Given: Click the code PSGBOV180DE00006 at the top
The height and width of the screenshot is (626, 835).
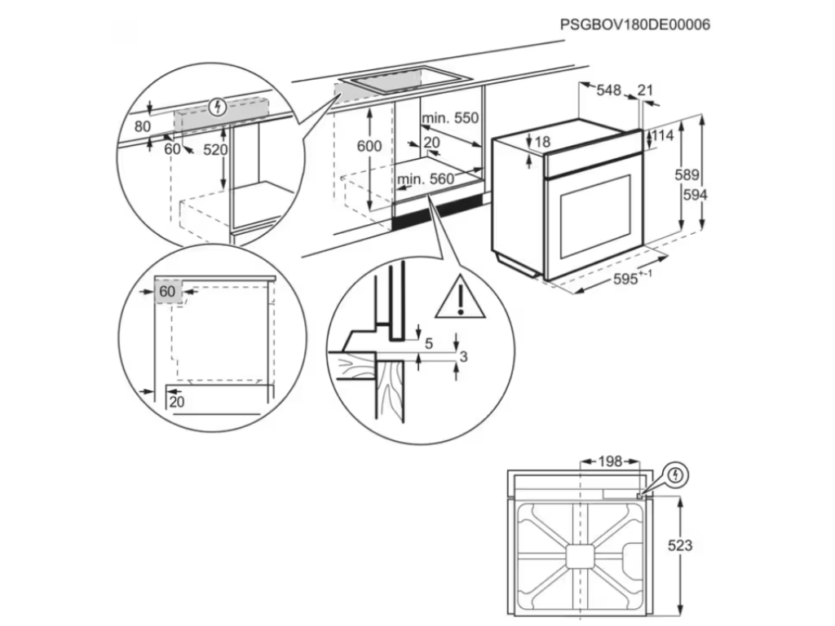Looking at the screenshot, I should pos(635,24).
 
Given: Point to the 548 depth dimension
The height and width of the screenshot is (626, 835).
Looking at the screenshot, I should pos(608,90).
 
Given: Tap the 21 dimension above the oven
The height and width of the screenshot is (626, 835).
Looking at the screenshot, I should pos(647,90).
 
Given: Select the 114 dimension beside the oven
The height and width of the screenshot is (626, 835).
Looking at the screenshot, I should pos(663,136).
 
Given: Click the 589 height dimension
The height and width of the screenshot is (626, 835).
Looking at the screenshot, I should pos(687,174).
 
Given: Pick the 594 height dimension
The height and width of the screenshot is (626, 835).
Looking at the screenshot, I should pos(695,195).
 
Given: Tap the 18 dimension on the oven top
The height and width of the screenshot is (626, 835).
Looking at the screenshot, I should pos(542,143).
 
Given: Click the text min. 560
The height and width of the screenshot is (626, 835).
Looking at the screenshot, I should pos(425,179).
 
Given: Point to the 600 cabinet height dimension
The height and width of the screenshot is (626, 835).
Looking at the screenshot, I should pos(369,146).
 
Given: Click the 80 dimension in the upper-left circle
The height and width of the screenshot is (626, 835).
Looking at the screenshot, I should pos(143,126).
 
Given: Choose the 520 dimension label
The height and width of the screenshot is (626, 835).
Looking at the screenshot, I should pos(216,150).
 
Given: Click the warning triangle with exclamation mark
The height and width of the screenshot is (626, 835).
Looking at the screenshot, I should pos(460,298).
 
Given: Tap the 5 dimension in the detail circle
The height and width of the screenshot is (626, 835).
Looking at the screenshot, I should pos(428,343).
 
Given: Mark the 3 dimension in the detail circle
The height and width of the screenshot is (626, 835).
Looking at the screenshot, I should pos(463,356).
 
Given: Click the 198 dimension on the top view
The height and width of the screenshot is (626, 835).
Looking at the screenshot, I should pos(609,462).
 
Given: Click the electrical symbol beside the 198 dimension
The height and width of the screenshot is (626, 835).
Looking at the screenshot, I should pos(676,474).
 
